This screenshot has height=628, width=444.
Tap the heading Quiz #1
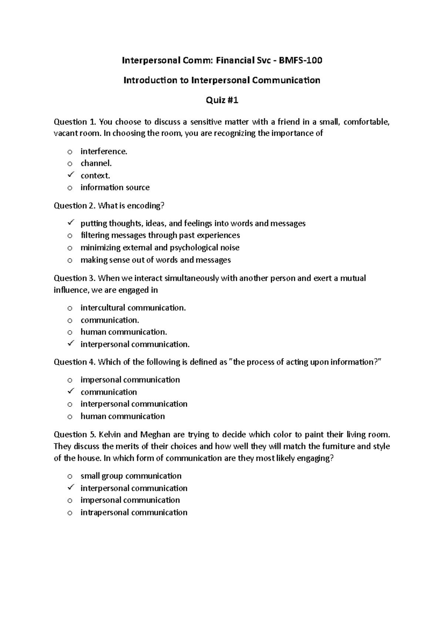[x=222, y=100]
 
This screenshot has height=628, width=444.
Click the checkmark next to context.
[x=71, y=175]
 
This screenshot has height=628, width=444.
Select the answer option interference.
[x=104, y=151]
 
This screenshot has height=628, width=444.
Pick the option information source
[x=115, y=188]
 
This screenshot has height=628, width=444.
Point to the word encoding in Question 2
[x=145, y=206]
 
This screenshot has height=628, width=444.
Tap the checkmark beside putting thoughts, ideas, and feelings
[x=71, y=223]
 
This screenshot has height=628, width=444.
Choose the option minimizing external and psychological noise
[x=160, y=247]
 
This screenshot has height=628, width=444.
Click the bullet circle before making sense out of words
[x=70, y=260]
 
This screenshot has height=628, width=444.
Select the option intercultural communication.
[x=133, y=308]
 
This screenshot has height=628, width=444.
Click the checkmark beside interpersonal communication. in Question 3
[x=71, y=344]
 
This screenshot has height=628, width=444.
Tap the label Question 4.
[x=74, y=362]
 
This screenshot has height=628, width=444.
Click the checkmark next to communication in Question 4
[x=71, y=391]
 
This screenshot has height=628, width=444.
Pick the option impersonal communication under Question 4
[x=130, y=380]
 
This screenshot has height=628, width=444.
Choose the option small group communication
[x=131, y=476]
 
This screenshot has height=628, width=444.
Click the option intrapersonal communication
[x=134, y=512]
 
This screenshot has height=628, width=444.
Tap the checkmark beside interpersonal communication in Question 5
[x=71, y=487]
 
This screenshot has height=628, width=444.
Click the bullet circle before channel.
[x=70, y=163]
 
